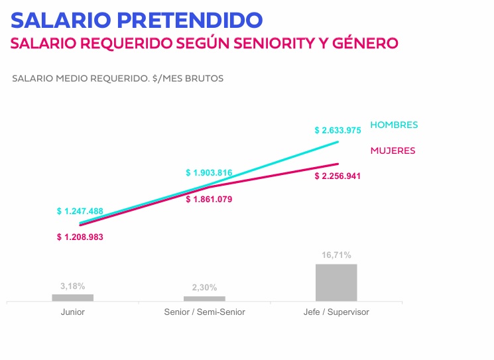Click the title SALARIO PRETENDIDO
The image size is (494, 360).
pyautogui.click(x=137, y=20)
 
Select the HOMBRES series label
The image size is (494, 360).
pyautogui.click(x=394, y=125)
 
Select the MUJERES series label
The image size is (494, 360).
pyautogui.click(x=393, y=150)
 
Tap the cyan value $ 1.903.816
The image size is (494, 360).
pyautogui.click(x=209, y=173)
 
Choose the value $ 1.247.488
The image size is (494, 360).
pyautogui.click(x=80, y=211)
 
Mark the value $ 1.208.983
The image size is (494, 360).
pyautogui.click(x=80, y=237)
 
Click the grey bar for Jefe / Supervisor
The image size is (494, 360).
pyautogui.click(x=336, y=282)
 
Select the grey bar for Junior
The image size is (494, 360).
pyautogui.click(x=72, y=298)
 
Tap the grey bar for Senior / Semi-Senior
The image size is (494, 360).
pyautogui.click(x=204, y=298)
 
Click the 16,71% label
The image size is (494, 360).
pyautogui.click(x=336, y=255)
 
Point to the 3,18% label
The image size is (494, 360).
pyautogui.click(x=72, y=286)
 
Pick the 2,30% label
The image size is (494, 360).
pyautogui.click(x=204, y=288)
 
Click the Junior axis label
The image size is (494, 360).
pyautogui.click(x=72, y=312)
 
